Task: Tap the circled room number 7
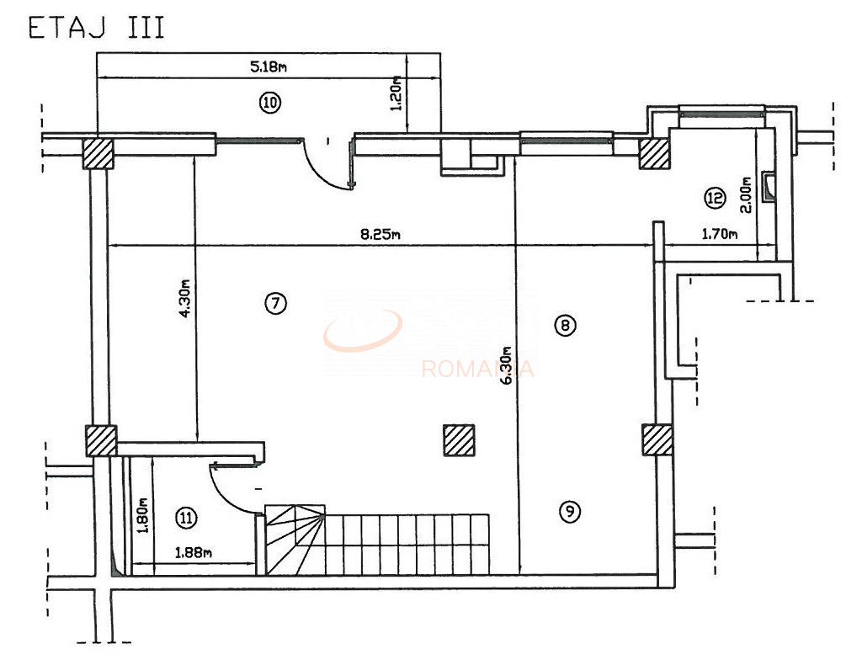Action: click(x=275, y=303)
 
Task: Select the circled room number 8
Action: click(x=566, y=325)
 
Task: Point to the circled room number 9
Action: click(x=570, y=511)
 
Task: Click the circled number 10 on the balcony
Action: click(x=269, y=104)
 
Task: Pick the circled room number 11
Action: click(x=186, y=519)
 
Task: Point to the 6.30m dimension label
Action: click(x=507, y=365)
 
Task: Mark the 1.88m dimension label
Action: click(x=193, y=553)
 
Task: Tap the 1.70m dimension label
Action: click(x=720, y=235)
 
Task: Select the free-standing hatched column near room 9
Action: click(x=460, y=439)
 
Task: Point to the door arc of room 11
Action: click(x=229, y=492)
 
